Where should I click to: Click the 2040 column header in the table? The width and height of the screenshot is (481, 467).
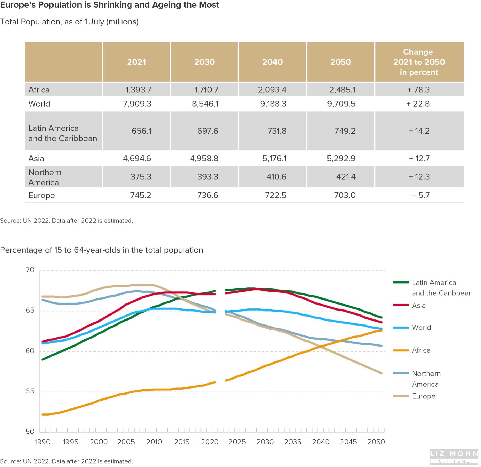point(272,62)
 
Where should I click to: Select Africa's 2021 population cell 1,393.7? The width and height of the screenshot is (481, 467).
point(138,90)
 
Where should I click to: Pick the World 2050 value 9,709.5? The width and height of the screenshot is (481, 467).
point(341,104)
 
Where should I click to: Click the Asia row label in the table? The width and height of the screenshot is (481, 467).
point(36,159)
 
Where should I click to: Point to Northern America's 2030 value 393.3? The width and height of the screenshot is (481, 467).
point(208,177)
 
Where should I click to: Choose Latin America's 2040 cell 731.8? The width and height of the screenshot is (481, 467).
point(277,131)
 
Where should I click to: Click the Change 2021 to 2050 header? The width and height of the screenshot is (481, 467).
point(419,62)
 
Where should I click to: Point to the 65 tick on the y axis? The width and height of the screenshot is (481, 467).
point(30,311)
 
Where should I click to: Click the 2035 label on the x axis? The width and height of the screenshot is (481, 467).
point(293,442)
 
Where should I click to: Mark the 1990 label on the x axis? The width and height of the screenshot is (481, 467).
point(43,442)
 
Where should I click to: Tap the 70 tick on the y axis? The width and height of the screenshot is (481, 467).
point(30,270)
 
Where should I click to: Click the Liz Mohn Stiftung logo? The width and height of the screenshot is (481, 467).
point(454,456)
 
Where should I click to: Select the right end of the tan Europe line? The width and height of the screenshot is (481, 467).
point(382,373)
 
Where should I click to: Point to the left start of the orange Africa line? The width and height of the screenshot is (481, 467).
point(43,414)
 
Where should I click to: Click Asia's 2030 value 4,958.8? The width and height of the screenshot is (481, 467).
point(204,159)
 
